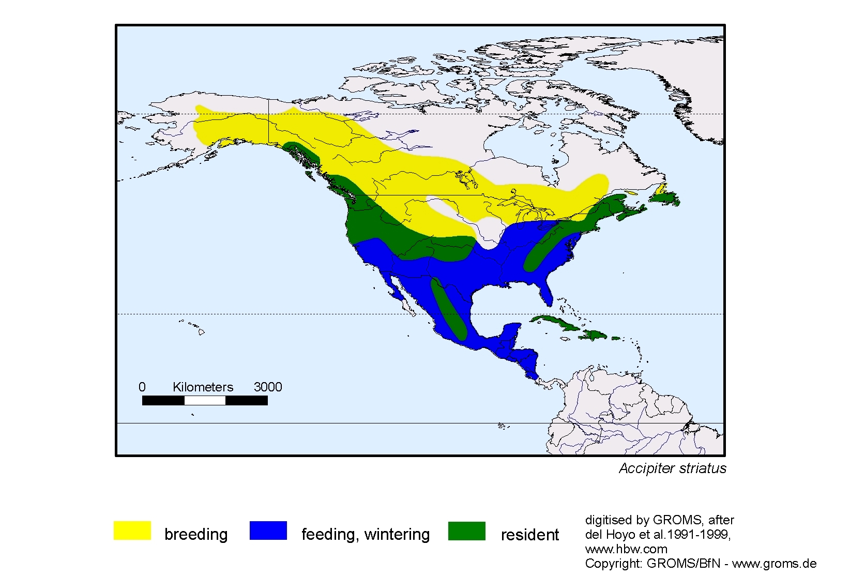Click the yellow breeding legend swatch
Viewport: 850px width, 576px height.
point(132,530)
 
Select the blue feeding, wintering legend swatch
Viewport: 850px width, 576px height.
point(268,530)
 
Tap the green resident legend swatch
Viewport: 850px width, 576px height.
point(466,530)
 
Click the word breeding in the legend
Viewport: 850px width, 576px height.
point(196,534)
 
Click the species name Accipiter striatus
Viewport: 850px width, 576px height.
point(672,468)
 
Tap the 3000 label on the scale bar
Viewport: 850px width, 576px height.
point(268,387)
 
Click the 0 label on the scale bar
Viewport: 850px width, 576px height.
point(142,387)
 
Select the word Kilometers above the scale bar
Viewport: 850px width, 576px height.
point(203,387)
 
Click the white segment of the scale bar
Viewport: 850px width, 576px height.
point(205,400)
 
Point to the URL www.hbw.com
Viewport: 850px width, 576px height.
point(626,549)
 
